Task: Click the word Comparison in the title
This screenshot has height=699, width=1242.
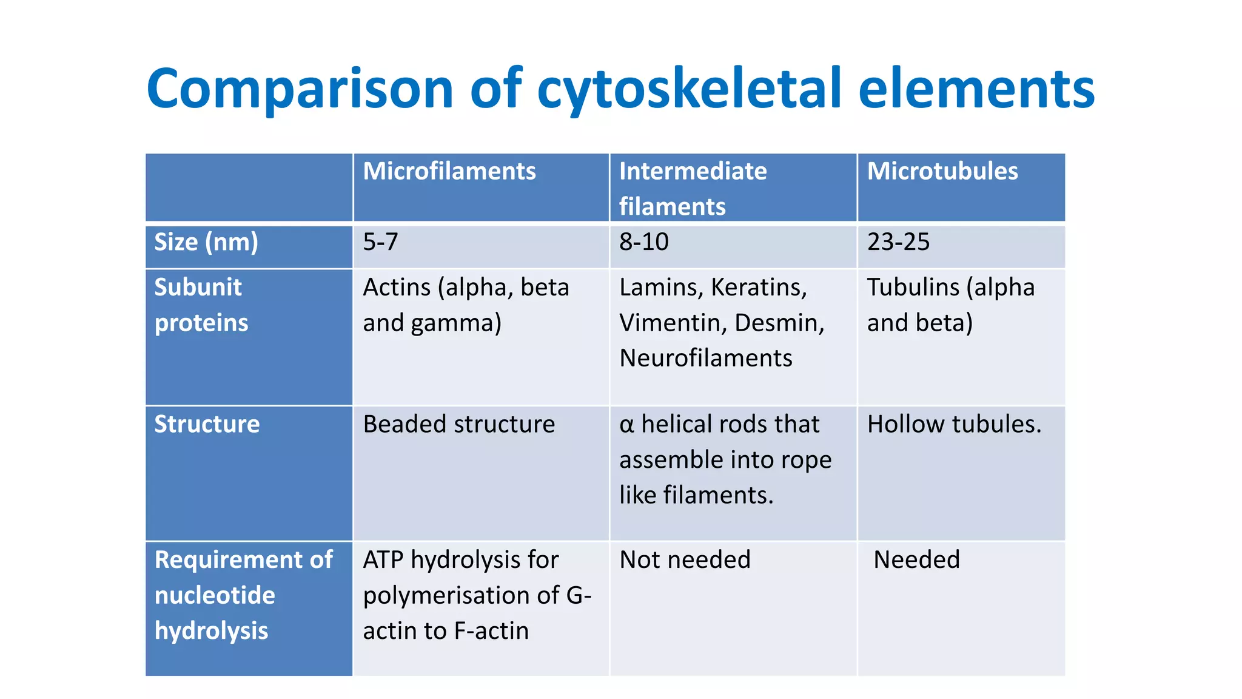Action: coord(300,89)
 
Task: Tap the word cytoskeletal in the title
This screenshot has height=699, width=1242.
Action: coord(689,89)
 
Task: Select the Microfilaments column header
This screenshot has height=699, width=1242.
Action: coord(449,172)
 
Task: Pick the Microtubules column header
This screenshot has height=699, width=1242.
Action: coord(942,172)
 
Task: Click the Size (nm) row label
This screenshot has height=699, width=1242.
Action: coord(206,243)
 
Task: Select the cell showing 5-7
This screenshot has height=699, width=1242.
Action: coord(380,243)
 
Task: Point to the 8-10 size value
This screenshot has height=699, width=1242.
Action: coord(643,243)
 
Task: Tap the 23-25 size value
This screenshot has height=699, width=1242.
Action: coord(898,243)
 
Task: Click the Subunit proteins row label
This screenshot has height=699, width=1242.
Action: coord(201,305)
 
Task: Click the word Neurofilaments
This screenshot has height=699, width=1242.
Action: coord(705,359)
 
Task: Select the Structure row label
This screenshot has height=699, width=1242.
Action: coord(207,424)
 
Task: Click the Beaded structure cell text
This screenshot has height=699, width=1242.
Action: coord(458,424)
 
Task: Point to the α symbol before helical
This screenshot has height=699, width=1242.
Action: coord(626,425)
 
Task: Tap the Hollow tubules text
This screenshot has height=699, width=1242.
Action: coord(953,424)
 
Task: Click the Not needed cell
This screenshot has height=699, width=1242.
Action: coord(685,559)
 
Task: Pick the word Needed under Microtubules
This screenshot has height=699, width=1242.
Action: coord(916,559)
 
